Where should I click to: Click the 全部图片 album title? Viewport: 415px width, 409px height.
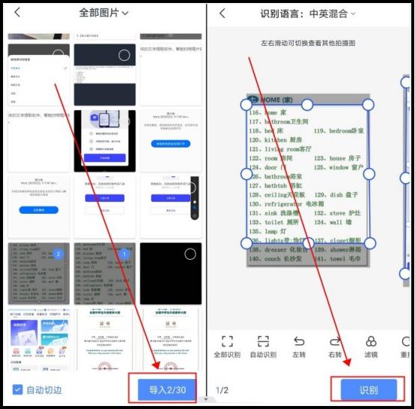[x=103, y=13]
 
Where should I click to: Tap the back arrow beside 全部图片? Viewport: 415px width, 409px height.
[x=17, y=13]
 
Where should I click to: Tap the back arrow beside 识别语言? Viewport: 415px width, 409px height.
[x=222, y=14]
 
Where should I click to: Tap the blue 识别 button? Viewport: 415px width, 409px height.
[x=369, y=390]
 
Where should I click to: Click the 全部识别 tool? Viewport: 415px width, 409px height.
[x=227, y=346]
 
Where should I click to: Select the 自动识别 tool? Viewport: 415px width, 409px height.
[x=263, y=346]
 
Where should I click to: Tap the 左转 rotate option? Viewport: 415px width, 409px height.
[x=299, y=346]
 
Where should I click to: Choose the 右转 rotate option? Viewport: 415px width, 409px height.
[x=335, y=346]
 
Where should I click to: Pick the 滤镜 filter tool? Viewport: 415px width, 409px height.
[x=371, y=346]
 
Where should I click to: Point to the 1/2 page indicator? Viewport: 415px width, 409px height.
[x=222, y=390]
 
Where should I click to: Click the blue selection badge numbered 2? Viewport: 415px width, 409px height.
[x=58, y=254]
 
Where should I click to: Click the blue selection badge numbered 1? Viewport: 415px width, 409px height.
[x=124, y=254]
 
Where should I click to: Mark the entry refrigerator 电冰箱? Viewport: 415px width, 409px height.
[x=285, y=203]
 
